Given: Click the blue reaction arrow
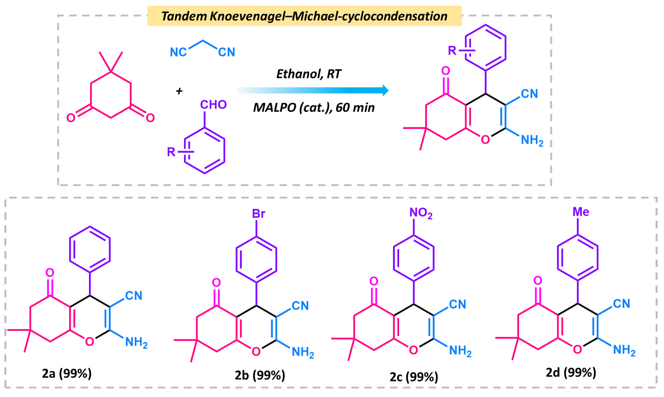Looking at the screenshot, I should point(313,90).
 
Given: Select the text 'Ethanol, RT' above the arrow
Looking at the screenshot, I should point(309,74).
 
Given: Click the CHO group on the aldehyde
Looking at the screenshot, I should point(213,105).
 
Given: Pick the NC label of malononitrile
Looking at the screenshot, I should point(178,52).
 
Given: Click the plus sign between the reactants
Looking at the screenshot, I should point(179,91).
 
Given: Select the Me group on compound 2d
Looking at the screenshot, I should point(580,212).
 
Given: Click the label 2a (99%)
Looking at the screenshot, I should point(67,373).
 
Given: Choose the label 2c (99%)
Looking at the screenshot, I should point(414,377).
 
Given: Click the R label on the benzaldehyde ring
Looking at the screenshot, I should point(171,152).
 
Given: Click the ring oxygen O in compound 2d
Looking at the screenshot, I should point(577,349).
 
